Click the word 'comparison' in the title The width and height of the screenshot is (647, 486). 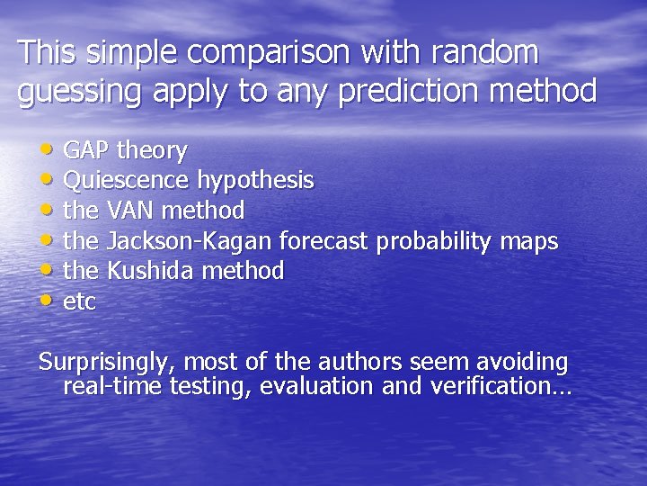[x=270, y=52]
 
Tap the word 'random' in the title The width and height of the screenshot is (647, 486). [x=484, y=52]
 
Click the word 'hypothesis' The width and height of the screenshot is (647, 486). [x=255, y=181]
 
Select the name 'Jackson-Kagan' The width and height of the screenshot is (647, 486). [x=190, y=241]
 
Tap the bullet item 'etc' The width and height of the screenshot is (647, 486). [x=79, y=301]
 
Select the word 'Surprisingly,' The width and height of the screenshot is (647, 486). [x=108, y=363]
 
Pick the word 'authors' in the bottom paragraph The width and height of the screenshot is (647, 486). [x=359, y=362]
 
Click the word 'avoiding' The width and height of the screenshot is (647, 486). [x=522, y=362]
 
